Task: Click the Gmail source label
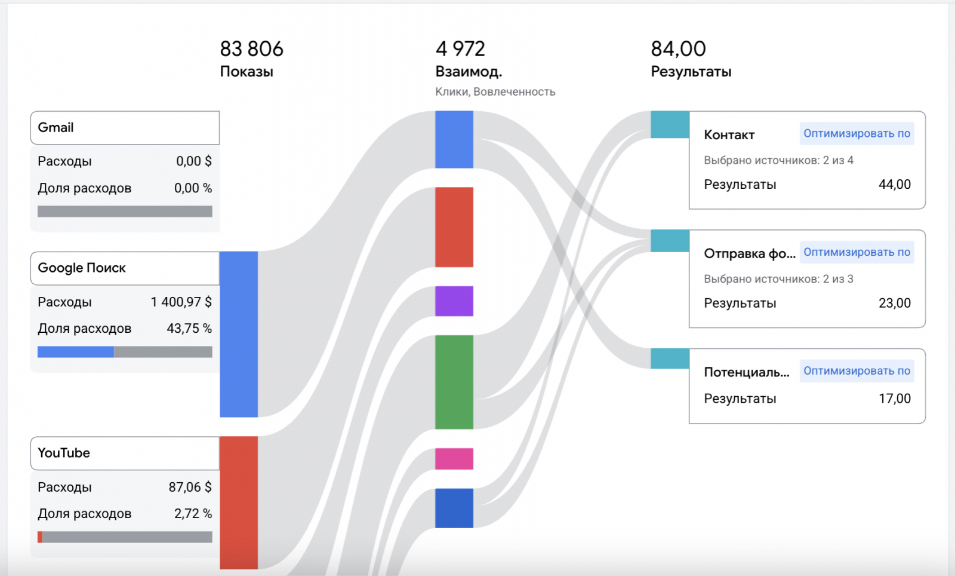[x=56, y=127]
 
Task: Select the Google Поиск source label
[x=82, y=268]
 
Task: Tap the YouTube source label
[x=64, y=453]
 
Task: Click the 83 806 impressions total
[x=251, y=49]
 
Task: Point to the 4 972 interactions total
[x=460, y=49]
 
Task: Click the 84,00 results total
[x=678, y=49]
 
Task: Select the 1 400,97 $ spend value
[x=181, y=302]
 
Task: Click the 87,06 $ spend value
[x=190, y=487]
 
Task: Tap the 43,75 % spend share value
[x=189, y=328]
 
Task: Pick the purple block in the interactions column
[x=454, y=301]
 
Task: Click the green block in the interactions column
[x=454, y=382]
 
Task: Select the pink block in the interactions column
[x=454, y=459]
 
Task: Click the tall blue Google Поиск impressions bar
[x=239, y=334]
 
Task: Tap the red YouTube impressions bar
[x=239, y=502]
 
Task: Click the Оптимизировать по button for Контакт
[x=857, y=133]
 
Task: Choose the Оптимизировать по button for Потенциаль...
[x=857, y=370]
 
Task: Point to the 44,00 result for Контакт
[x=894, y=184]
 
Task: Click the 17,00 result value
[x=894, y=399]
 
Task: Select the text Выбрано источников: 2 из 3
[x=778, y=279]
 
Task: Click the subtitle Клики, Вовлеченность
[x=495, y=91]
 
